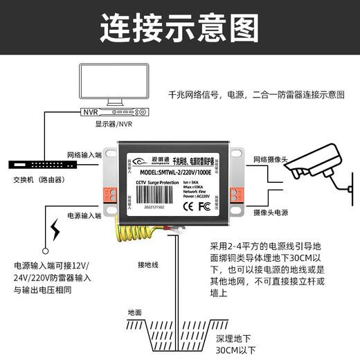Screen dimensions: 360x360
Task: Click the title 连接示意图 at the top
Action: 179,28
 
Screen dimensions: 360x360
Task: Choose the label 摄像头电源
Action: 273,210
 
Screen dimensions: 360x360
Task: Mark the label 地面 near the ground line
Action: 135,312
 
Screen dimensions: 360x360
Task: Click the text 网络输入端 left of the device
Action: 84,155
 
